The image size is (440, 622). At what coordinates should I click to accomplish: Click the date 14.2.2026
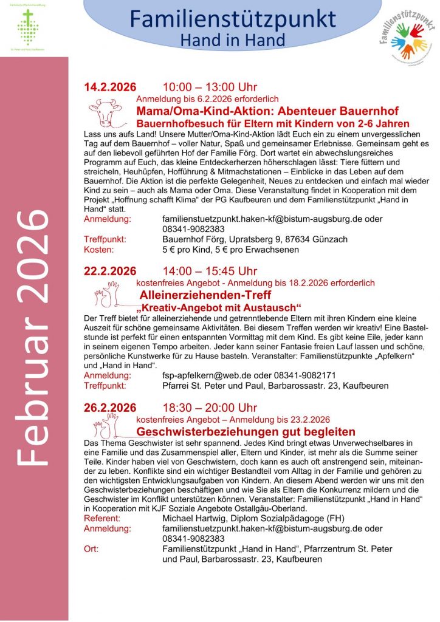[110, 87]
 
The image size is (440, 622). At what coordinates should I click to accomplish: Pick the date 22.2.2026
[110, 271]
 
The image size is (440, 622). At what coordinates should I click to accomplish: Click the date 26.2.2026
[110, 407]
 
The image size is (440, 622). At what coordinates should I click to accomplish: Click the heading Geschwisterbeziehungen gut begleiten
[246, 431]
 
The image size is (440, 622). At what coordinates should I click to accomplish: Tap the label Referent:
[101, 518]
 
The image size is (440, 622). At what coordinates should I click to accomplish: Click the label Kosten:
[98, 250]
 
